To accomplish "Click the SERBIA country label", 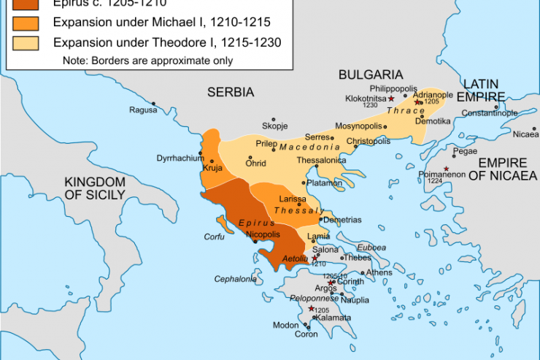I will [x=230, y=93].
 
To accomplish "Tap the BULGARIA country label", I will [x=370, y=74].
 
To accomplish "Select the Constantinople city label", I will [x=490, y=113].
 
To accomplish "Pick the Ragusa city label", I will [x=143, y=110].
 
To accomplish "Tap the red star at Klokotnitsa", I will [x=391, y=98].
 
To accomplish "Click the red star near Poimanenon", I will [x=446, y=169].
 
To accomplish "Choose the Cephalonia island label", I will [x=235, y=279].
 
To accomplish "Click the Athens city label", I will [x=379, y=272].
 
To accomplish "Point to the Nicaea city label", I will [x=525, y=134].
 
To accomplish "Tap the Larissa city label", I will [x=293, y=199].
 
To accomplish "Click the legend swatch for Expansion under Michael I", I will [x=23, y=23].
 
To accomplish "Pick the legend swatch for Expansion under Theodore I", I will [x=23, y=42].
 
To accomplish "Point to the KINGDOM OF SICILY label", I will [x=94, y=188].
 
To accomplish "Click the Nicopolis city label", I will [x=263, y=234].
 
